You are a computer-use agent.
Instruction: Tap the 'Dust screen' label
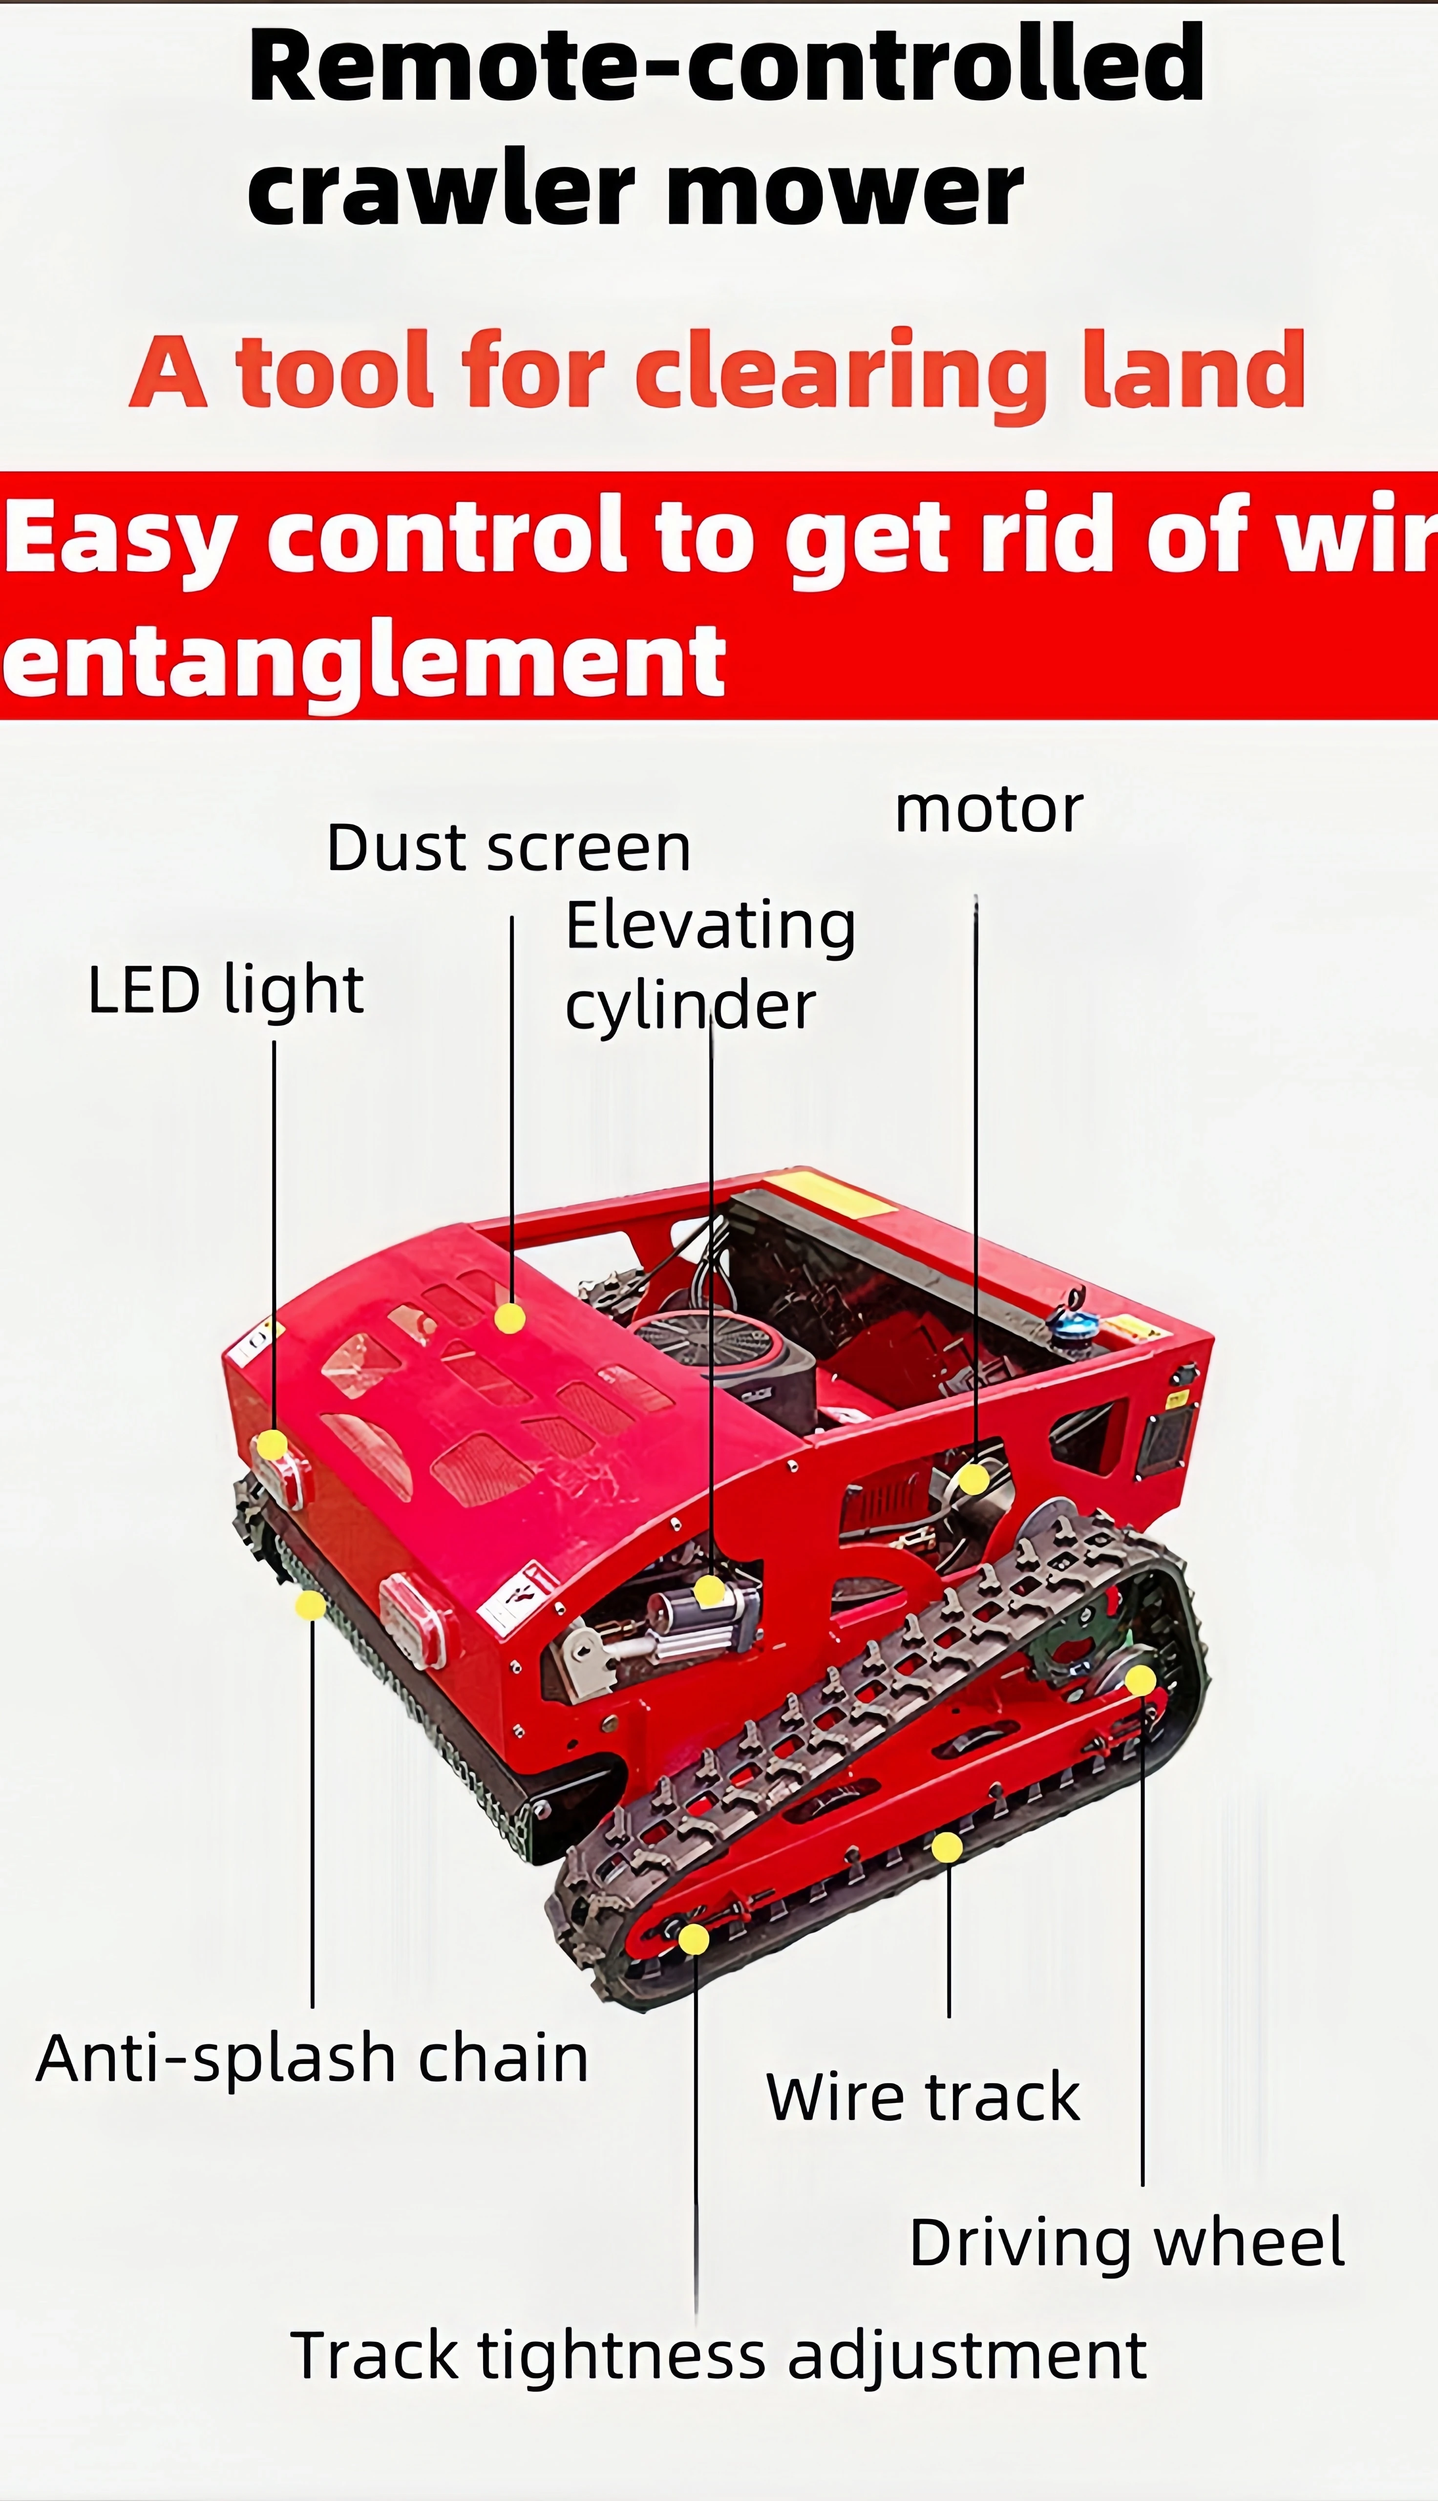508,848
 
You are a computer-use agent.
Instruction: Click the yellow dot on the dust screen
509,1318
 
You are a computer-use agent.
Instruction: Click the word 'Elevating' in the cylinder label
710,927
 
